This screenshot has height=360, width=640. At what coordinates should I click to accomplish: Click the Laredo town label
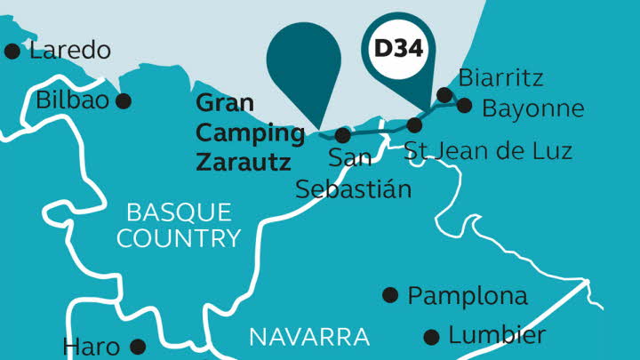point(70,50)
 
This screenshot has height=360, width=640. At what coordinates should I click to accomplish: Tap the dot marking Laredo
point(12,52)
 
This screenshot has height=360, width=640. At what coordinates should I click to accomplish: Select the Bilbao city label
point(72,100)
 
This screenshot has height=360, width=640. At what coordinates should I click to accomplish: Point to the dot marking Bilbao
point(124,101)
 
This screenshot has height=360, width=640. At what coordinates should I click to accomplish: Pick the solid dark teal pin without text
point(305,62)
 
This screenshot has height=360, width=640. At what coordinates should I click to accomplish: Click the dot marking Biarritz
point(444,95)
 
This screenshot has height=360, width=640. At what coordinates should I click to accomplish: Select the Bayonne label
point(532,109)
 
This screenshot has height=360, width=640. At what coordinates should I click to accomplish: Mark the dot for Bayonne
point(463,105)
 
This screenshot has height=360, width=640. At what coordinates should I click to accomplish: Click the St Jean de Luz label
point(488,150)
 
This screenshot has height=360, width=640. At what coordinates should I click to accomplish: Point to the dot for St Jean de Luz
point(414,124)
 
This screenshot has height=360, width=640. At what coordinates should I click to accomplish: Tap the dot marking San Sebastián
point(343,136)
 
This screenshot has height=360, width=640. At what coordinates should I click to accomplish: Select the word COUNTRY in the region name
point(179,238)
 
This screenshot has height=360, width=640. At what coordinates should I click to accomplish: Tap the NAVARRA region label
point(308,337)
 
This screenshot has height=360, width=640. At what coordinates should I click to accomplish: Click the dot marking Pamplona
point(389,295)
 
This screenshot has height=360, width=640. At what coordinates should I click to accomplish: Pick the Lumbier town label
point(496,335)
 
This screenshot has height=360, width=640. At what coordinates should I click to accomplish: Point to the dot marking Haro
point(137,346)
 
